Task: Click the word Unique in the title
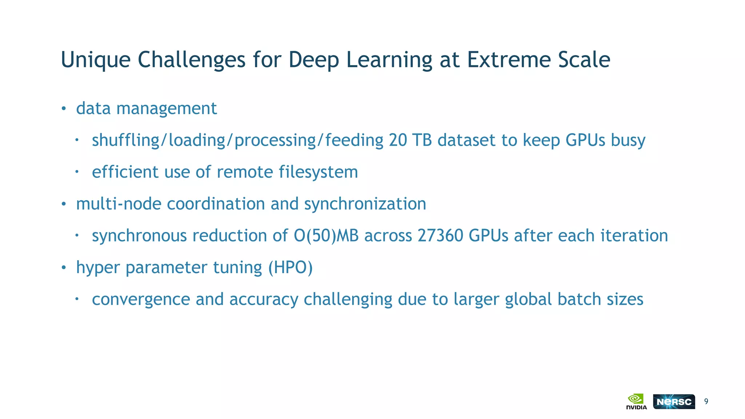[x=96, y=60]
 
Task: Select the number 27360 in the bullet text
[x=440, y=235]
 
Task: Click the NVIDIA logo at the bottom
[x=636, y=402]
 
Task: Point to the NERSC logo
[x=674, y=402]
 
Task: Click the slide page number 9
[x=706, y=402]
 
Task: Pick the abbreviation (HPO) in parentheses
[x=290, y=267]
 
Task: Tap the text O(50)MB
[x=326, y=235]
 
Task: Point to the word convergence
[x=141, y=299]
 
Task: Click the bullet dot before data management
[x=64, y=108]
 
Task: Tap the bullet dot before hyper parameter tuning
[x=64, y=268]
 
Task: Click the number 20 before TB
[x=398, y=140]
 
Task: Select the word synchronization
[x=365, y=204]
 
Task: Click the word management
[x=166, y=108]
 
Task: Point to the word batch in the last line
[x=579, y=299]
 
